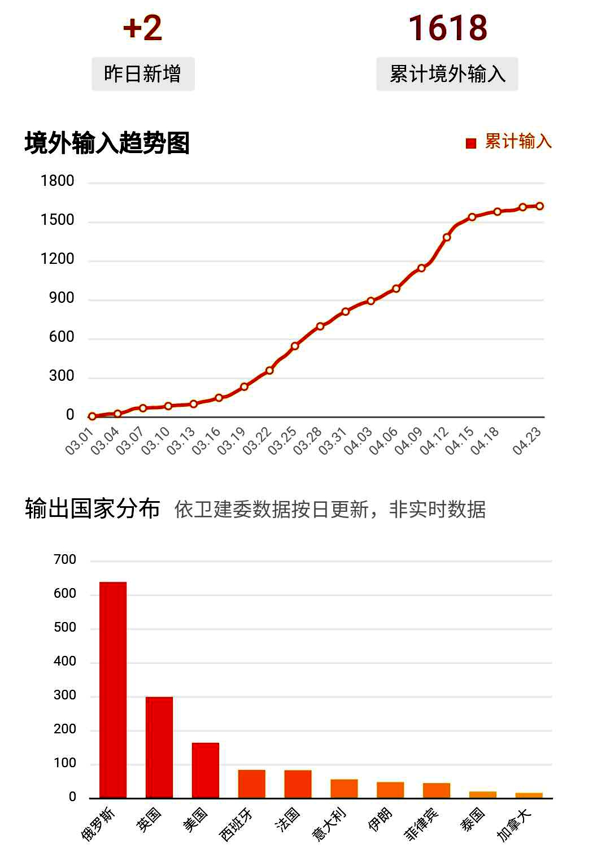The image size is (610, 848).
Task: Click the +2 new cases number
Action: pyautogui.click(x=142, y=28)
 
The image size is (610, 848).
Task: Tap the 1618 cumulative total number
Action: pyautogui.click(x=447, y=28)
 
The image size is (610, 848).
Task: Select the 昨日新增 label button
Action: pyautogui.click(x=143, y=74)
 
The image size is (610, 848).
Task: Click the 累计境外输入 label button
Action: pyautogui.click(x=447, y=74)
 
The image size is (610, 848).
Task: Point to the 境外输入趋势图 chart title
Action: pyautogui.click(x=107, y=143)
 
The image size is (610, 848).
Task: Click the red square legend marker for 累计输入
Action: pyautogui.click(x=471, y=143)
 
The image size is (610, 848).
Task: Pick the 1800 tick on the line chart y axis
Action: pyautogui.click(x=58, y=181)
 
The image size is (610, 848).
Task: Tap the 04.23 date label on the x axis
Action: pyautogui.click(x=527, y=441)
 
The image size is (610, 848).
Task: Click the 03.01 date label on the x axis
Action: pyautogui.click(x=79, y=441)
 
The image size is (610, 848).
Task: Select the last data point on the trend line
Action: pyautogui.click(x=540, y=206)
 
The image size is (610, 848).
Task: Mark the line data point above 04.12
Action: pyautogui.click(x=447, y=237)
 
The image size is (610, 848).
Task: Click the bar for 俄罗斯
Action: pyautogui.click(x=113, y=689)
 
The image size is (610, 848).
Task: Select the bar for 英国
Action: pyautogui.click(x=159, y=747)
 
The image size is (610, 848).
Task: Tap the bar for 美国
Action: pyautogui.click(x=206, y=770)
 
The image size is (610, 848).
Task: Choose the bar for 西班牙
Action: pyautogui.click(x=252, y=784)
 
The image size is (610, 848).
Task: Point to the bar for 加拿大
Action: pyautogui.click(x=529, y=795)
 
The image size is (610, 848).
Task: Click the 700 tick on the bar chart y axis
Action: pyautogui.click(x=65, y=560)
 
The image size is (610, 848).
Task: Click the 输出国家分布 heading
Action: pyautogui.click(x=93, y=509)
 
